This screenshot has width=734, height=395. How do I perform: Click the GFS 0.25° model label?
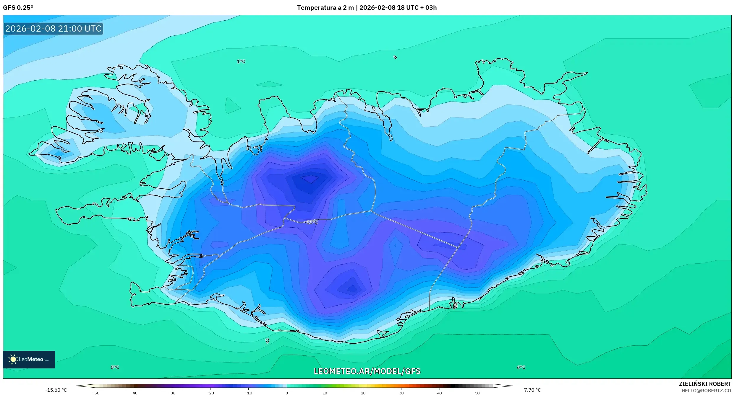18,8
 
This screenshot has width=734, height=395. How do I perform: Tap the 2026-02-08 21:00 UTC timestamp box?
53,29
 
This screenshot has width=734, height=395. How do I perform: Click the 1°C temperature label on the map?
241,61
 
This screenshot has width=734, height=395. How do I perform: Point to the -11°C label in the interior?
311,222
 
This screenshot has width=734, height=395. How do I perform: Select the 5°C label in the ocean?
115,367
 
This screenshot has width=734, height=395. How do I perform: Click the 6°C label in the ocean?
521,367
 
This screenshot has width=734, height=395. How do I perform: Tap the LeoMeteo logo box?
29,359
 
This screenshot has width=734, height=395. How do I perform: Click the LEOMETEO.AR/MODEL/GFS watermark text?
367,371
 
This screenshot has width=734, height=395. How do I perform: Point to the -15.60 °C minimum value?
56,390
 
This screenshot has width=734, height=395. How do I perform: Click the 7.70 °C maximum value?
532,390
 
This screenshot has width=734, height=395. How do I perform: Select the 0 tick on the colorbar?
286,393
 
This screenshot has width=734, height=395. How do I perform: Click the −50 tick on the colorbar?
95,393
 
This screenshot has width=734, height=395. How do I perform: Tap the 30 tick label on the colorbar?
401,393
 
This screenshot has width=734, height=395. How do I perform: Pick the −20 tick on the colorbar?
210,393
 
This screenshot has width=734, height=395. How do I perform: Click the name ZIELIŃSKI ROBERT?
705,384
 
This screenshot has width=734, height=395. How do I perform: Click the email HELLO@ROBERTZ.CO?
706,391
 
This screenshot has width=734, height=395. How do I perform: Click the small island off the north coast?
395,57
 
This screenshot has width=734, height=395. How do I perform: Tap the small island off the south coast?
267,341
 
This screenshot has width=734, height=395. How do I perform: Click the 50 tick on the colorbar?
477,393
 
